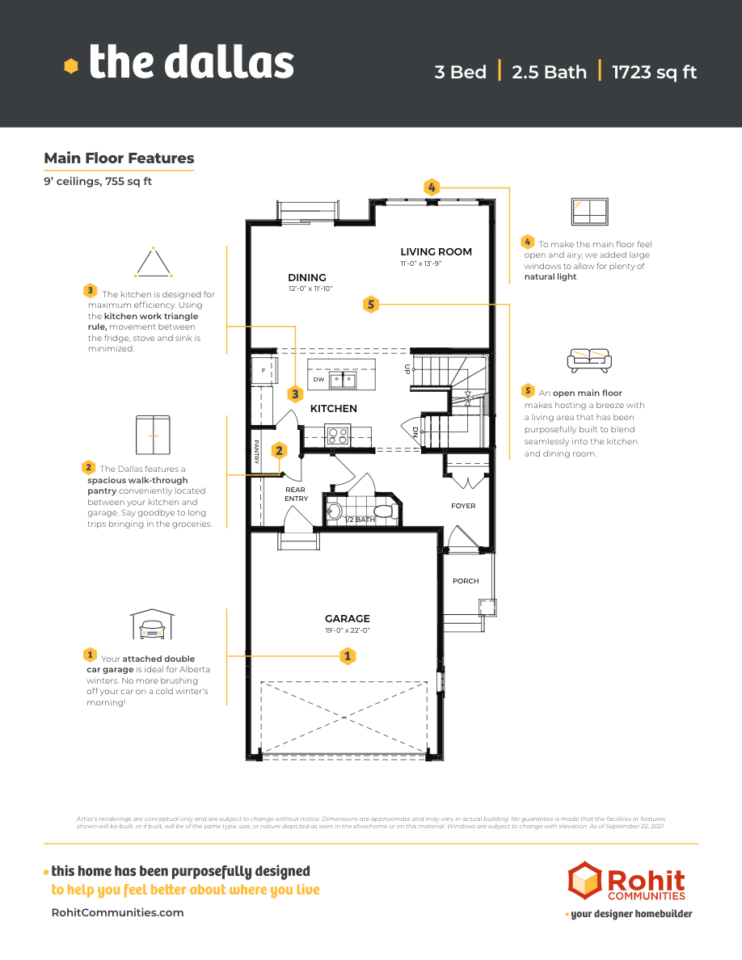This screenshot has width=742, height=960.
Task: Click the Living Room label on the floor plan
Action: click(436, 251)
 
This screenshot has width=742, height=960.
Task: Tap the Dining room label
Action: click(307, 277)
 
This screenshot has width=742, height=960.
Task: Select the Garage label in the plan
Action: click(348, 619)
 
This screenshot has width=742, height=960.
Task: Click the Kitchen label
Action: click(333, 409)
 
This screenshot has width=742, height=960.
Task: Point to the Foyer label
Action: click(463, 506)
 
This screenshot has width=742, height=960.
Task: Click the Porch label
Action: click(466, 581)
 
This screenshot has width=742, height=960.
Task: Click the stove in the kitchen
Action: click(337, 436)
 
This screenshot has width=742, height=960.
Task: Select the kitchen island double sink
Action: click(342, 379)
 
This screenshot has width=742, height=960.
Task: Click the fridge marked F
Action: click(263, 372)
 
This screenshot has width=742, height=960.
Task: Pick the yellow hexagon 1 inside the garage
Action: click(348, 656)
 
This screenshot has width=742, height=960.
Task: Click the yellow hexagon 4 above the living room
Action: click(432, 187)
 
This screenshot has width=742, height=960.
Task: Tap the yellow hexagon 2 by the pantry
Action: click(279, 450)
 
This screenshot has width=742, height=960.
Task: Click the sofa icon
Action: click(589, 360)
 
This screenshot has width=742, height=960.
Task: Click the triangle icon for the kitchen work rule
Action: click(153, 262)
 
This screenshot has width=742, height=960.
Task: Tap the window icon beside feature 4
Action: click(589, 211)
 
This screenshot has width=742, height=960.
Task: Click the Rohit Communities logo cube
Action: click(584, 881)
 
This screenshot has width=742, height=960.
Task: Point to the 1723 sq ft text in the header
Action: click(654, 72)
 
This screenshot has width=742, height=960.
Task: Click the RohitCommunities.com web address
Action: click(117, 912)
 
